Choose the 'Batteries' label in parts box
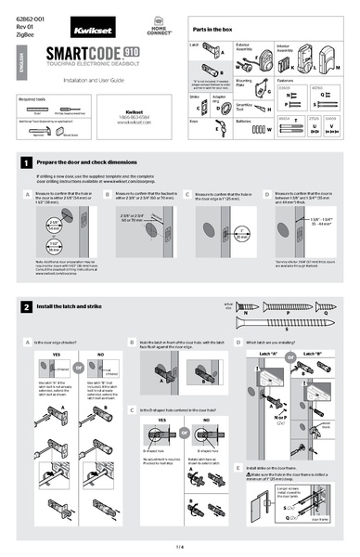[245, 121]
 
